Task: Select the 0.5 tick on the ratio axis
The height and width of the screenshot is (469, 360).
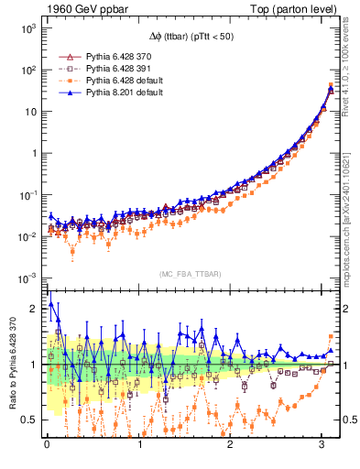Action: [28, 420]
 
